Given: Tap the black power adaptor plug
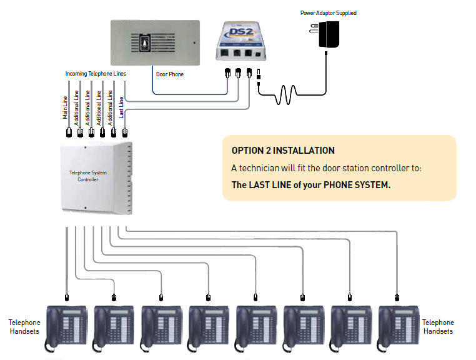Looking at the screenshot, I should tap(329, 36).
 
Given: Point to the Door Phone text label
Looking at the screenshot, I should tap(169, 74).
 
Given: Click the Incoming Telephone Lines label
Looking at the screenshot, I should tap(96, 74).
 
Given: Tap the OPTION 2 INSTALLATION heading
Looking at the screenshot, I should tap(283, 151).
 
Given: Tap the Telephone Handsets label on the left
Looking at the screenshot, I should tap(24, 327).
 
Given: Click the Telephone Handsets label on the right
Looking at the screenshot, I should tap(438, 327).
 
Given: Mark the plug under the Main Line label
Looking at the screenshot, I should tap(68, 133).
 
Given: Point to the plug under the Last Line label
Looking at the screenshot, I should tap(125, 132).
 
